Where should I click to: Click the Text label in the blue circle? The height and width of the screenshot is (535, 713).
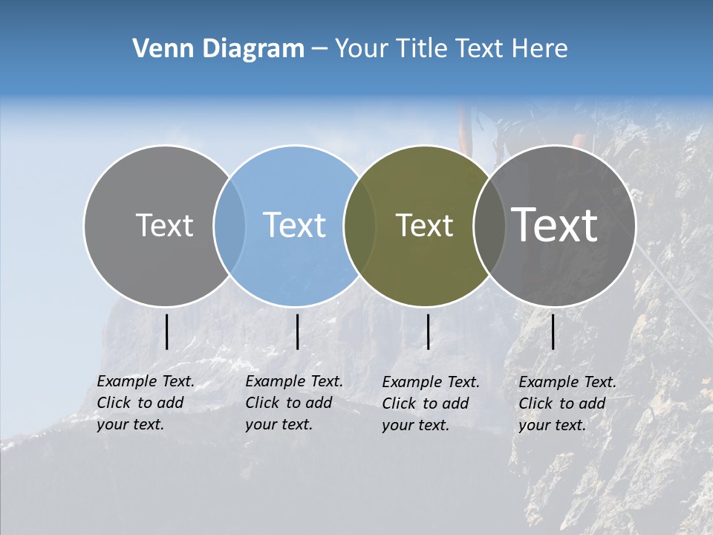click(295, 225)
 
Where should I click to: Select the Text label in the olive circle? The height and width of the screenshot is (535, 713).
click(424, 225)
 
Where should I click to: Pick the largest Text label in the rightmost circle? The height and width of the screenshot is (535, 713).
click(555, 225)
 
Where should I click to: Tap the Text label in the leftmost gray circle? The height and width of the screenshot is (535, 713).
click(164, 225)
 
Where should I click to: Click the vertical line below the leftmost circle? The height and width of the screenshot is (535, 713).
click(166, 331)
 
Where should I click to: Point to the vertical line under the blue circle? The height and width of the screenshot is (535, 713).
click(297, 331)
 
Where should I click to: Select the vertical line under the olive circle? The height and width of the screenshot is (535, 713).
click(428, 331)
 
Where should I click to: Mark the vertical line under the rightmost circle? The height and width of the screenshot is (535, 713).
click(553, 331)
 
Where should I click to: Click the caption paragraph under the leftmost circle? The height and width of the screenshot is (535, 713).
click(146, 403)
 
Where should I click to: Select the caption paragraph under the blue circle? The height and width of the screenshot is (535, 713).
click(294, 403)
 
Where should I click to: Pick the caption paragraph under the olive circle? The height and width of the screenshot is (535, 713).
click(431, 403)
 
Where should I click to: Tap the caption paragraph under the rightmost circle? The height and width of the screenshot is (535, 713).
click(567, 403)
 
